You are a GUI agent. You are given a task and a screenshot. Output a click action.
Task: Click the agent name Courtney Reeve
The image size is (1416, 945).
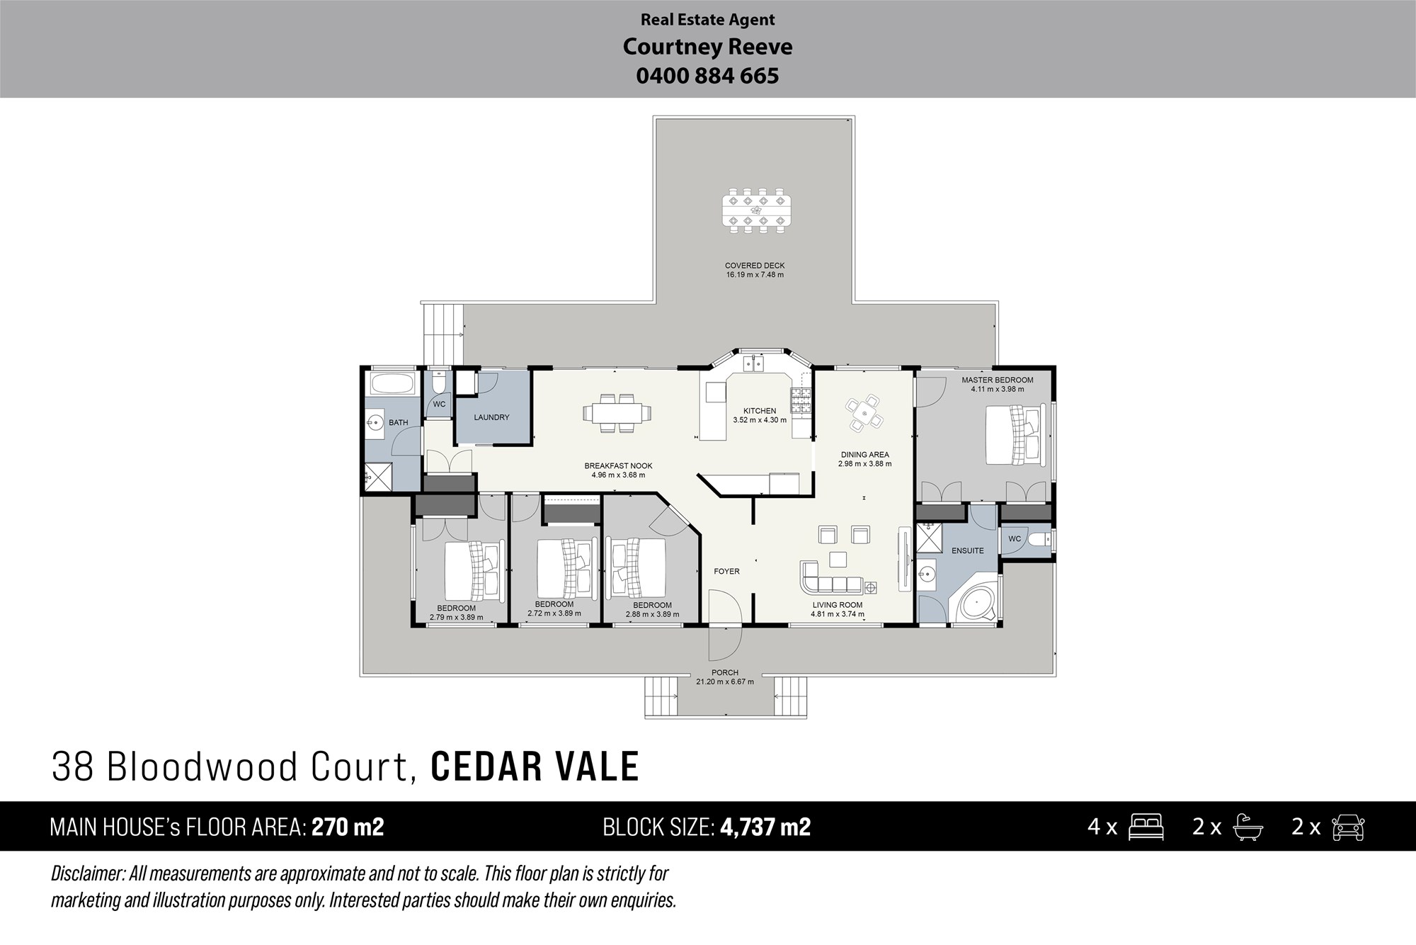point(707,47)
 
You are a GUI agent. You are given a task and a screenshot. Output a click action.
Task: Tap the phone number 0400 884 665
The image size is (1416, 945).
point(707,76)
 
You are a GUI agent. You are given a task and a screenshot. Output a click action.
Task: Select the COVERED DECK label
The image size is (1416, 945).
point(755,266)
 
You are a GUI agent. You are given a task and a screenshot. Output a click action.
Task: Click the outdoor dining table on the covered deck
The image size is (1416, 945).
point(755,210)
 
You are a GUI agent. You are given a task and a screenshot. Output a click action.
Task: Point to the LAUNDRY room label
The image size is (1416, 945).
point(491,417)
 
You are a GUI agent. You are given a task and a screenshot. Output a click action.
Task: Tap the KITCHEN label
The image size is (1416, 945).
point(760,411)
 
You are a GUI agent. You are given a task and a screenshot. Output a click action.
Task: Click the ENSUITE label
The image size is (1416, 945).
point(967,550)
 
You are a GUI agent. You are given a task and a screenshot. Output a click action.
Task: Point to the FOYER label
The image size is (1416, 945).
point(726,571)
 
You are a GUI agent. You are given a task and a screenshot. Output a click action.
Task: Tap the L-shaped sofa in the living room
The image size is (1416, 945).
point(831,577)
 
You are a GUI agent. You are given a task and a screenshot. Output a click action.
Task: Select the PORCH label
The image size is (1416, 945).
point(725,673)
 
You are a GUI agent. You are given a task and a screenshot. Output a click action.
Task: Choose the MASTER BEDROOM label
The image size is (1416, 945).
point(998,380)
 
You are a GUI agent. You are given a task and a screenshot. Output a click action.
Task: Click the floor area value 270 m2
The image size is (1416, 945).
point(348,827)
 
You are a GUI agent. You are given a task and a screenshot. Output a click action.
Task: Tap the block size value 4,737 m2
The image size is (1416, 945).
point(765,827)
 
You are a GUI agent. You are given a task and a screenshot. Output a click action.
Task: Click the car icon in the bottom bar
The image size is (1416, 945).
point(1348,827)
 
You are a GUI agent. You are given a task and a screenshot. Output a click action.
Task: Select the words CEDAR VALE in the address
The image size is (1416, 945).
point(535,766)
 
